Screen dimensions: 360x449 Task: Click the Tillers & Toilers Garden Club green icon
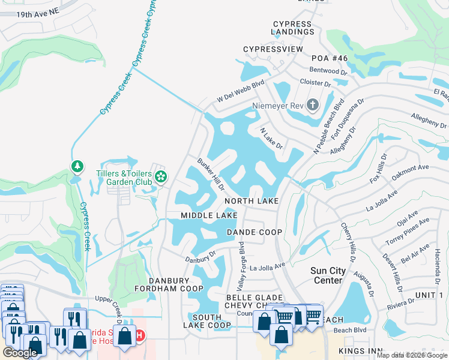tap(160, 176)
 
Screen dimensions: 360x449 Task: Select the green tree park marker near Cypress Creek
tap(76, 166)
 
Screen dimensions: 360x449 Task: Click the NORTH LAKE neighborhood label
tap(252, 201)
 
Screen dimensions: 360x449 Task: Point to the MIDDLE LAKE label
tap(209, 215)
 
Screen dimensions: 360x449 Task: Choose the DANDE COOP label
tap(255, 232)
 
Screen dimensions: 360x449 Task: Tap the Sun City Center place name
tap(328, 275)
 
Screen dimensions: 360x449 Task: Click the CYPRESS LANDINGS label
tap(292, 28)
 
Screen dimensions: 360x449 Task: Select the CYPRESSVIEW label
tap(273, 49)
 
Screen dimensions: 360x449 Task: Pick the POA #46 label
tap(330, 58)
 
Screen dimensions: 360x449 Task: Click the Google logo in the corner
tap(20, 353)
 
